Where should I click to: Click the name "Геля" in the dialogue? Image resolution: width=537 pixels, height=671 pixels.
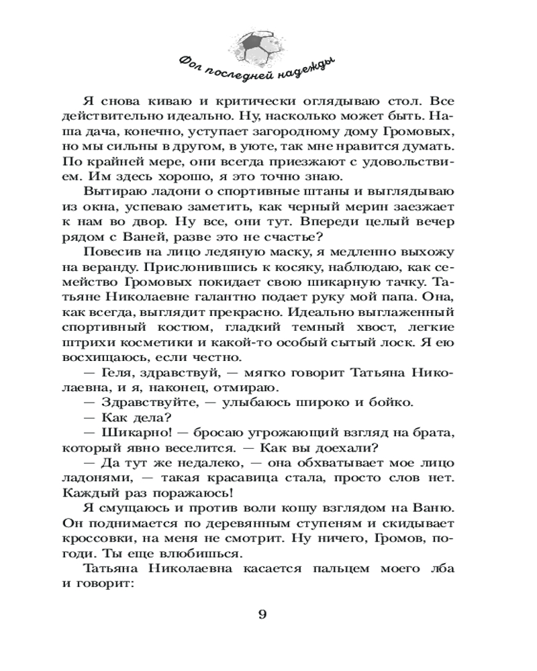click(x=124, y=372)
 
